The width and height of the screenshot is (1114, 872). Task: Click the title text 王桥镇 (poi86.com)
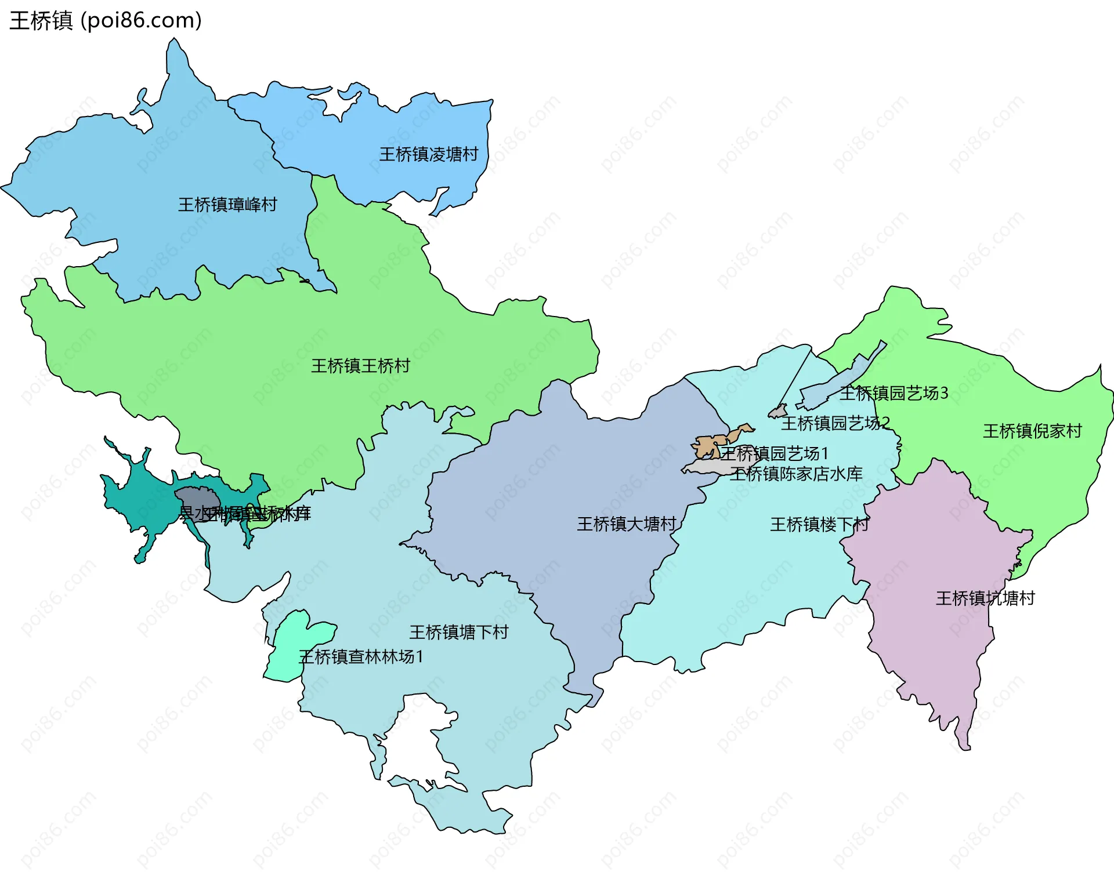click(106, 20)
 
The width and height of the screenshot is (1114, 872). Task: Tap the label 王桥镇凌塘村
click(429, 154)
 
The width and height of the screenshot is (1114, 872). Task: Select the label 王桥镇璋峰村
click(227, 205)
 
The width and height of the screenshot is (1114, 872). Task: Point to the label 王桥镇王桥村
click(360, 366)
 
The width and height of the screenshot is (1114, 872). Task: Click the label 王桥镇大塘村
click(626, 524)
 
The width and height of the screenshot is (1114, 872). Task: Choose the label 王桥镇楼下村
click(819, 525)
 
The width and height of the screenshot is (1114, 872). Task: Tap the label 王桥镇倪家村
click(1032, 431)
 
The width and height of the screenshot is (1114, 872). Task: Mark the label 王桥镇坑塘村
click(985, 598)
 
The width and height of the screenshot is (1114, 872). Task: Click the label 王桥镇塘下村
click(458, 632)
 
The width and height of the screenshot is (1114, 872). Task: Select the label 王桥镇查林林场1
click(361, 657)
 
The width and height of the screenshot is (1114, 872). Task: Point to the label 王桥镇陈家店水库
click(796, 474)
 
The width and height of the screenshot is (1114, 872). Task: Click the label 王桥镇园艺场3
click(894, 394)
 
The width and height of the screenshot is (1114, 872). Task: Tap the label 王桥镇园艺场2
click(835, 423)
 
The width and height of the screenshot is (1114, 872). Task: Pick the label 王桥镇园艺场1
click(774, 453)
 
